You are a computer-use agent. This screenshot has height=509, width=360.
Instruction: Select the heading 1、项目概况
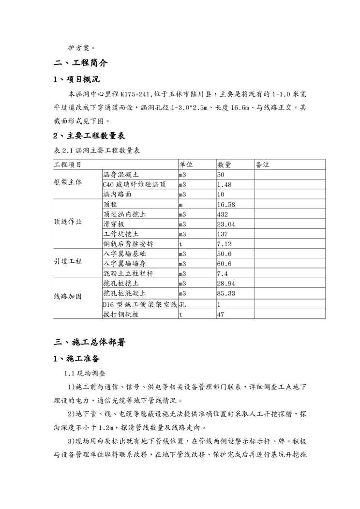77,80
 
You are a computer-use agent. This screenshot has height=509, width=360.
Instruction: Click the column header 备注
262,165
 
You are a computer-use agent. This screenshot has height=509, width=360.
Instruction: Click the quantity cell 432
223,213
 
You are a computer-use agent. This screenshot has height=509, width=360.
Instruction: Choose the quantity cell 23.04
226,224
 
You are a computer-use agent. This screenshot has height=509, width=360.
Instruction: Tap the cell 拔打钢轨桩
120,314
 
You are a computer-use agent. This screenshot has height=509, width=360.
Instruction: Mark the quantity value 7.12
225,244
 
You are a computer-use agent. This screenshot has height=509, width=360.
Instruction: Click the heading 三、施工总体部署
90,343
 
